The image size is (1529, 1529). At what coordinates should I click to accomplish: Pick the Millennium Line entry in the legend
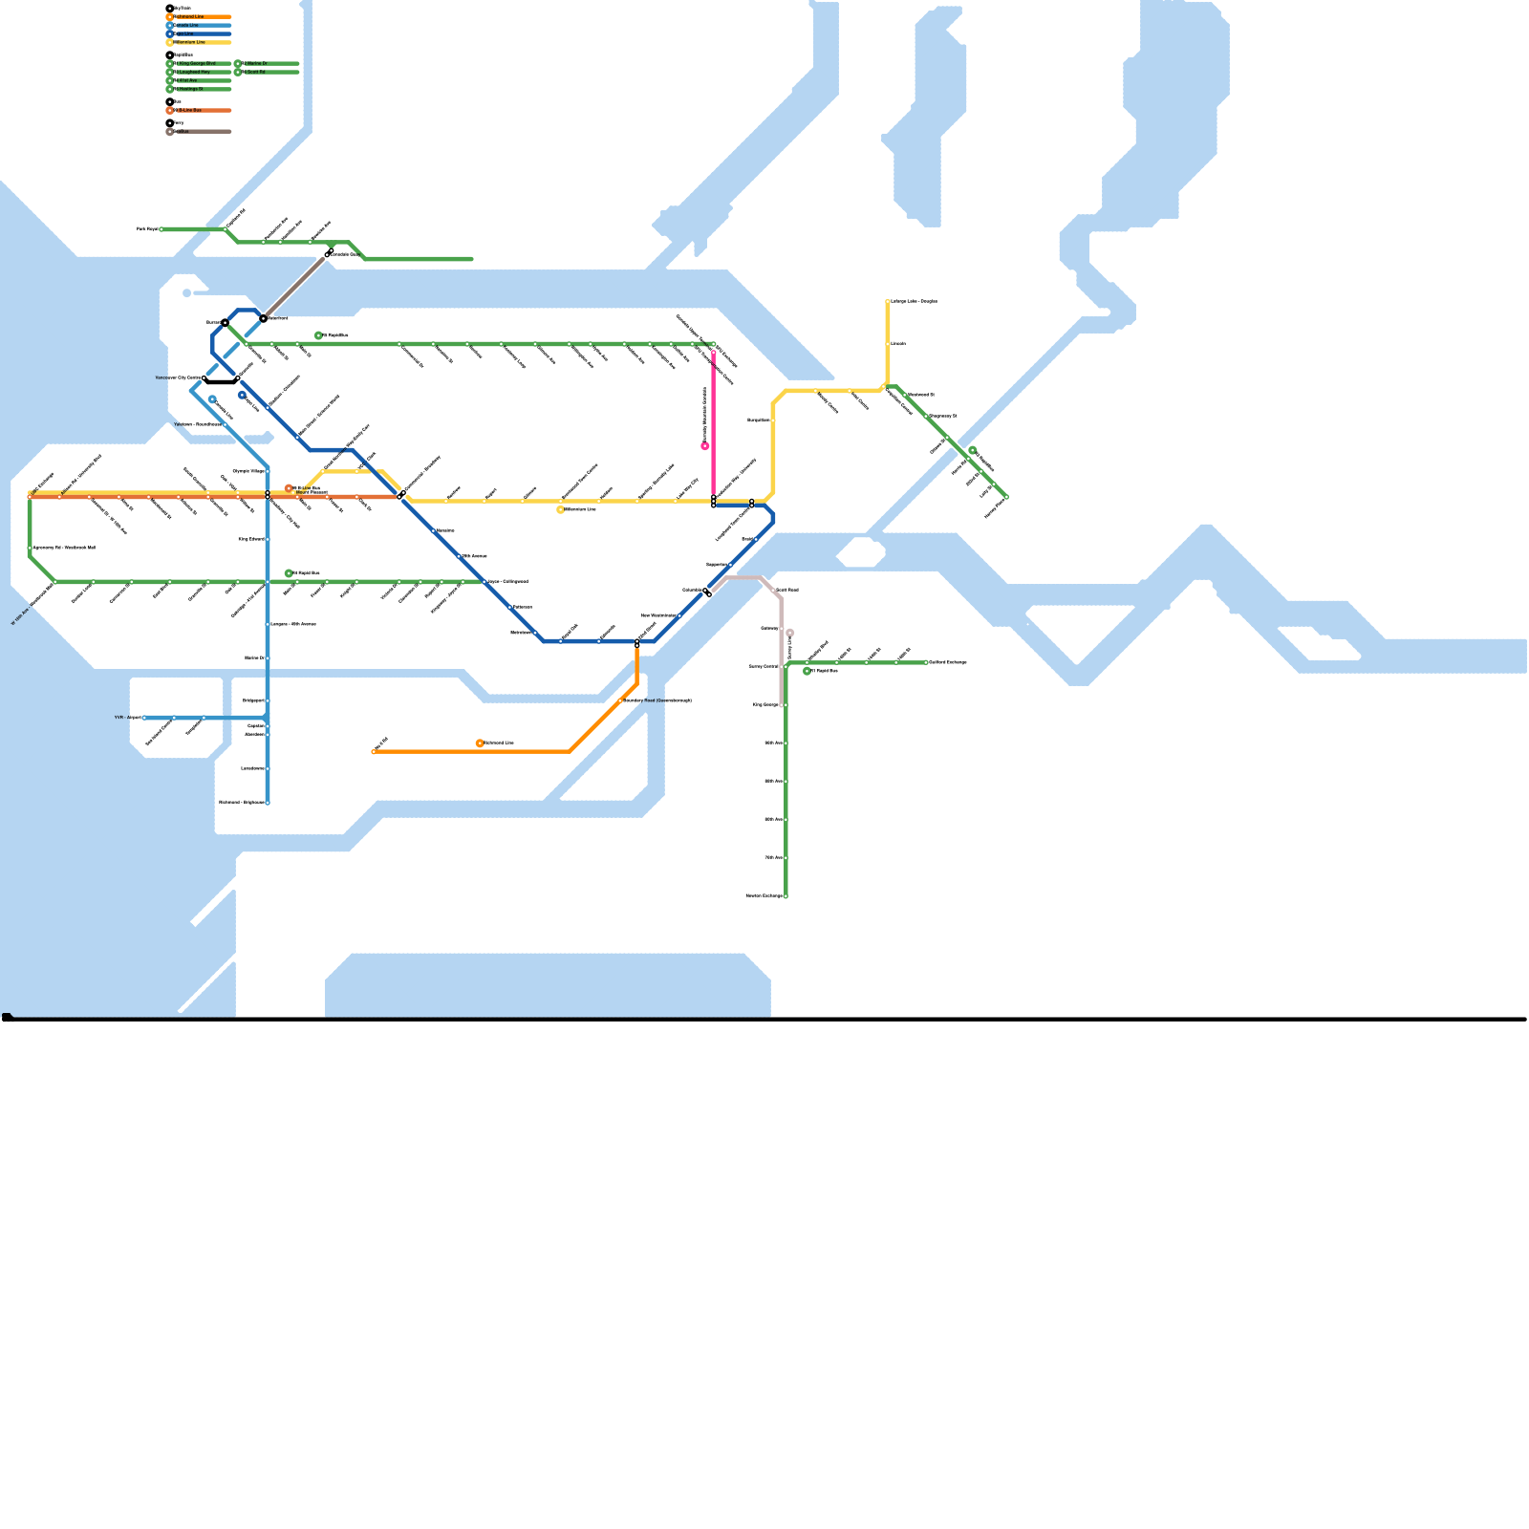(190, 42)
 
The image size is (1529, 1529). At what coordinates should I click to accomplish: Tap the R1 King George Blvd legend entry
(196, 63)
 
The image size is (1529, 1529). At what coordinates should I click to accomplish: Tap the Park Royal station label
(147, 229)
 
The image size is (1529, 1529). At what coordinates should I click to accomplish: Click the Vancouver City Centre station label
(178, 378)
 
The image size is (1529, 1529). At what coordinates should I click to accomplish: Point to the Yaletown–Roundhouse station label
(197, 424)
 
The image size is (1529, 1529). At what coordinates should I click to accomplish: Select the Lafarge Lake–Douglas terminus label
(914, 302)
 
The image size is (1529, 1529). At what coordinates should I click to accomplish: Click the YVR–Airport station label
(128, 717)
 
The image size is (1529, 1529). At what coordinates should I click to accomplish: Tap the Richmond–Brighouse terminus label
(241, 803)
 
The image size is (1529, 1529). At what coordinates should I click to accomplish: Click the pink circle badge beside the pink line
(705, 446)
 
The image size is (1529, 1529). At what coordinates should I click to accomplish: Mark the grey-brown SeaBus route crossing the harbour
(294, 286)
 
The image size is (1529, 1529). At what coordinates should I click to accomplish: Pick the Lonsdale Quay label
(345, 254)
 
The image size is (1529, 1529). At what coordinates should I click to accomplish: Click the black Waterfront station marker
(264, 318)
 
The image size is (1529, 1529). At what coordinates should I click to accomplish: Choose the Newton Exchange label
(764, 896)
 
